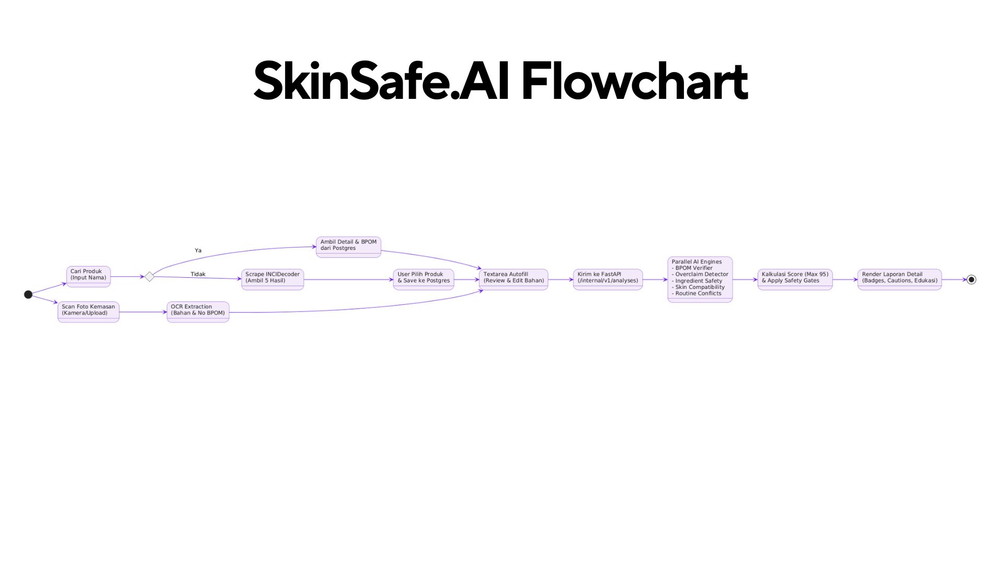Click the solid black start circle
28,295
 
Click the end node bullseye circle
971,279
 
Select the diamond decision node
150,277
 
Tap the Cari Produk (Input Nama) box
88,277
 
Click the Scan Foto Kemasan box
88,312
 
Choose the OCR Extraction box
198,312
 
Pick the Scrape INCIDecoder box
272,279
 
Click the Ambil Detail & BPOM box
348,247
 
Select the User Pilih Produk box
424,279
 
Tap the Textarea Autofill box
514,279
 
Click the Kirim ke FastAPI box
608,279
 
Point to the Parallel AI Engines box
700,279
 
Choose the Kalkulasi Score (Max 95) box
795,279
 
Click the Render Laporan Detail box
899,279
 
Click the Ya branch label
198,251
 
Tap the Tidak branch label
198,274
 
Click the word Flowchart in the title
634,81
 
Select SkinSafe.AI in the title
381,81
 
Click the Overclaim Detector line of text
700,274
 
